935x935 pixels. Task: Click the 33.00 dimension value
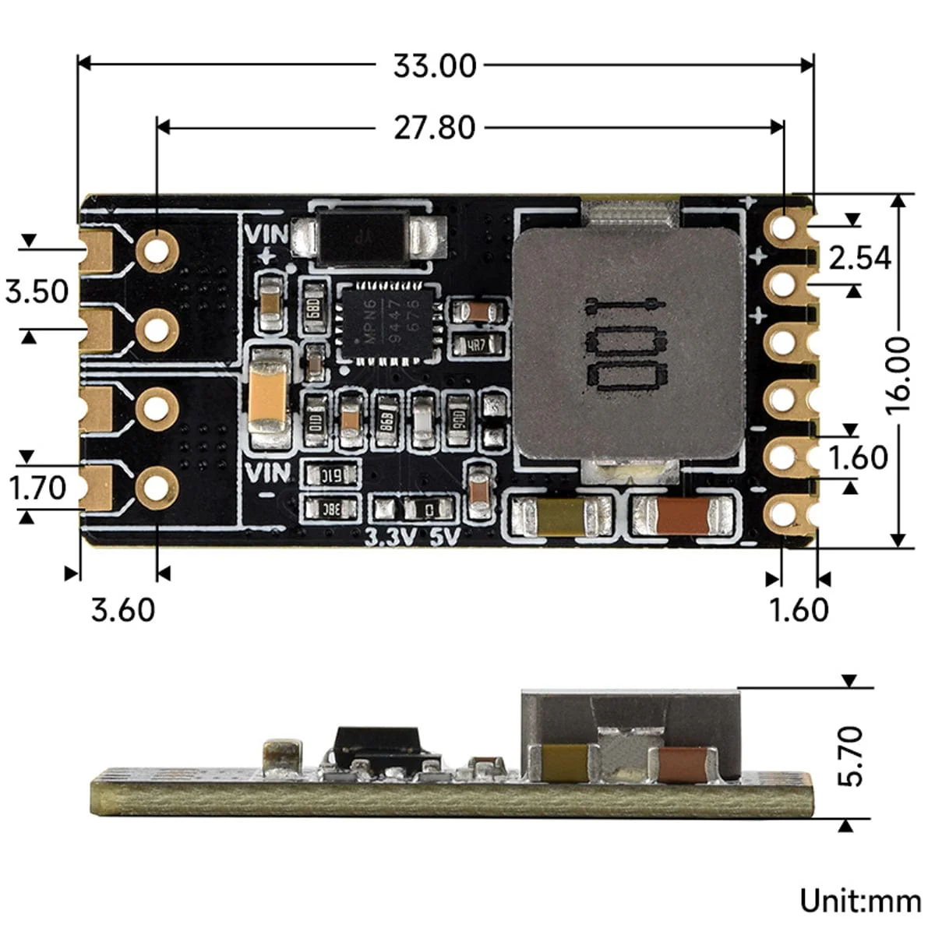434,65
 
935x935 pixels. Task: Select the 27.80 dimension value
434,127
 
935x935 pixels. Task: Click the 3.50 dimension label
37,292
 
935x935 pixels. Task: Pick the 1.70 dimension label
37,489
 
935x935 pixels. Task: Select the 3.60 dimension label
123,609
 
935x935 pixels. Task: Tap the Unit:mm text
859,901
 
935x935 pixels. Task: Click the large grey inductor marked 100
628,343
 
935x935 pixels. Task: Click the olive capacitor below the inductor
559,516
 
